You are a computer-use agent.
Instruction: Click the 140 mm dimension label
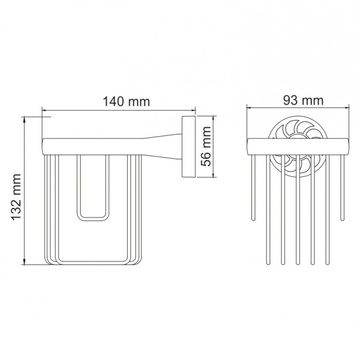[x=126, y=102]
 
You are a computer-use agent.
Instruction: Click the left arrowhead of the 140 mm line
[x=44, y=109]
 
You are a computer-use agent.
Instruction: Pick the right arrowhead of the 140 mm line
[x=193, y=109]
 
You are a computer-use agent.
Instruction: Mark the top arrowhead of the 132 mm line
[x=24, y=118]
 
